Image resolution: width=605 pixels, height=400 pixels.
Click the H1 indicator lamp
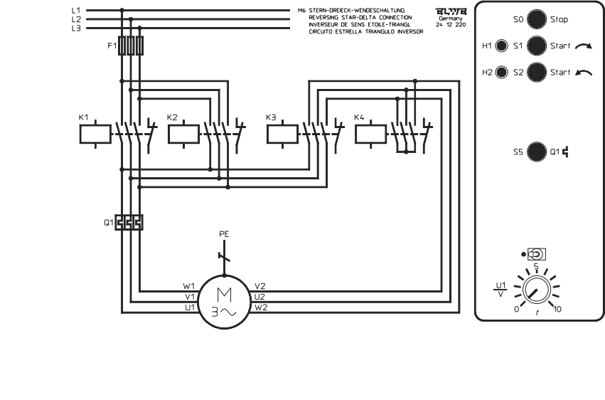pos(501,47)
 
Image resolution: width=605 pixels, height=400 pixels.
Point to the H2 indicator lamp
pos(501,73)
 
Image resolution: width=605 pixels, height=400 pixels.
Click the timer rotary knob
pos(535,291)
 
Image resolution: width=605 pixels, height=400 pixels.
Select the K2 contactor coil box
pos(183,133)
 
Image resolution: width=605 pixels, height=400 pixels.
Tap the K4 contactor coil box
pos(370,133)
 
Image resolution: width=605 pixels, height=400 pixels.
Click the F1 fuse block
pos(131,46)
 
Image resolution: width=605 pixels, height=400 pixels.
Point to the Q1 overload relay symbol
pos(129,222)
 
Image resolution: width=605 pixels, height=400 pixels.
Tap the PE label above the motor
pos(224,233)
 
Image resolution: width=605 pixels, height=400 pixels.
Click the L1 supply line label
pos(76,11)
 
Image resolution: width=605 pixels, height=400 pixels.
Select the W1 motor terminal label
pos(188,287)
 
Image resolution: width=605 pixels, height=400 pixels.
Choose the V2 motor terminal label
pos(259,287)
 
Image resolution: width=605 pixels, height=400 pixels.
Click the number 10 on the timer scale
pos(557,310)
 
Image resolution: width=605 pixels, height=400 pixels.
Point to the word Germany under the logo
pos(451,19)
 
